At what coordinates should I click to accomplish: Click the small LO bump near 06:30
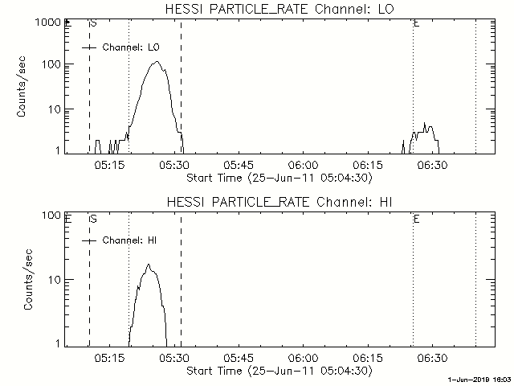click(x=426, y=132)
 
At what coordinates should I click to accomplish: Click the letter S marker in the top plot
click(x=93, y=23)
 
